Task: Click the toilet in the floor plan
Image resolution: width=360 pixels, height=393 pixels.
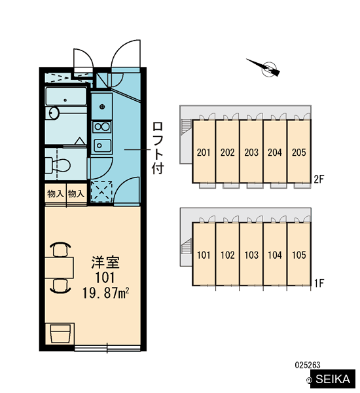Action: (x=58, y=165)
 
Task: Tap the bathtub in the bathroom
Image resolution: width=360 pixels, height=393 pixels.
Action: (x=66, y=96)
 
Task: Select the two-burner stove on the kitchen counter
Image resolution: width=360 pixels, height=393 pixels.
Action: (x=101, y=127)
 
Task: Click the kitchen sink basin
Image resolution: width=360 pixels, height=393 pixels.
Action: (x=102, y=145)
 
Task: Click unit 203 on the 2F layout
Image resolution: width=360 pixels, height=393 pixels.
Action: (x=251, y=151)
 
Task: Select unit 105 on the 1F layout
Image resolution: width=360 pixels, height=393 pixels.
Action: (x=299, y=254)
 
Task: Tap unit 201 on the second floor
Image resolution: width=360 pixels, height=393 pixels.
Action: (x=204, y=151)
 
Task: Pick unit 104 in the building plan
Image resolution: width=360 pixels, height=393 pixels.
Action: (x=275, y=254)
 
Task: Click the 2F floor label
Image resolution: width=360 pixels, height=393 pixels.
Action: (x=319, y=179)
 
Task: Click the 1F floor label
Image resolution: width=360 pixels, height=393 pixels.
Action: (x=319, y=283)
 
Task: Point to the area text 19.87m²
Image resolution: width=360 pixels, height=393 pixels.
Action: (x=106, y=293)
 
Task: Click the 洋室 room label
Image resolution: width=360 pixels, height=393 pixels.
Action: (x=105, y=262)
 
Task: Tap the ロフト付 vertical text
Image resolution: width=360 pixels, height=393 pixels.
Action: (x=158, y=148)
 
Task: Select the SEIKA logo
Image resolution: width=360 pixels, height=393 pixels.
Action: (x=333, y=379)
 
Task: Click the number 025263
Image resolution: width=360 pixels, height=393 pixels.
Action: (x=308, y=365)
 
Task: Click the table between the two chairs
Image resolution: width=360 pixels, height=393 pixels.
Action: (x=60, y=267)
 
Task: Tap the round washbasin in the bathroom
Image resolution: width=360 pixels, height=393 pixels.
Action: (x=54, y=113)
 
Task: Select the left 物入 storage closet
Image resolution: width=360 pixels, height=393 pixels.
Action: (x=56, y=194)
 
